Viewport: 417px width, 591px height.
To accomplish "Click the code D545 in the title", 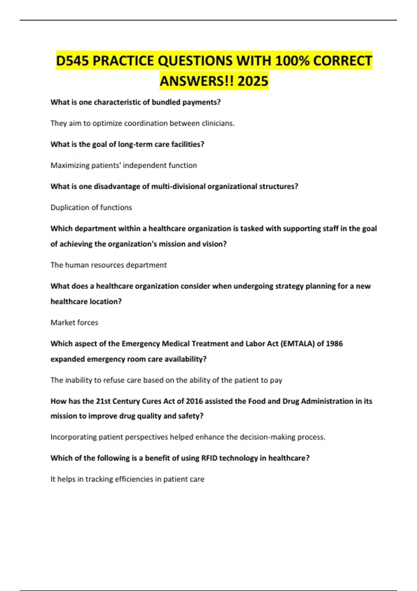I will coord(72,61).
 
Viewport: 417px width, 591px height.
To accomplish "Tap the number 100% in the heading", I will coord(292,61).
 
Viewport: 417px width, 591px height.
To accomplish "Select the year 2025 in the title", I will coord(253,81).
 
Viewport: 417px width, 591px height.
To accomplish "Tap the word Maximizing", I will coord(69,165).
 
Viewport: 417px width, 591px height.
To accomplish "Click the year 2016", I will coord(194,401).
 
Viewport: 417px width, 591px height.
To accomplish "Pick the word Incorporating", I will coord(73,437).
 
